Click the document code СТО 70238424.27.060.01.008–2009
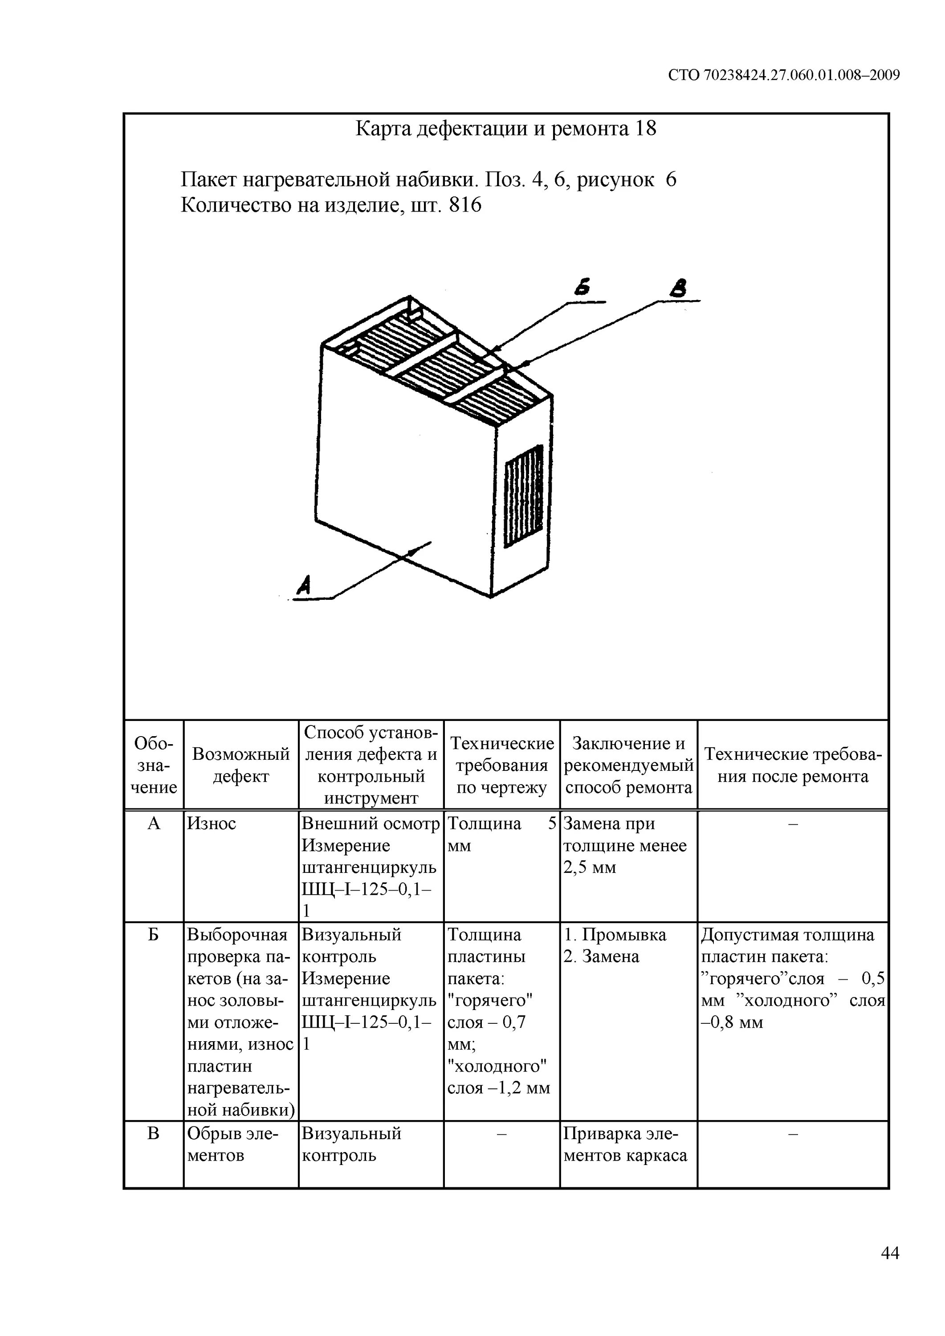point(783,75)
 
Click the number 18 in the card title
point(645,129)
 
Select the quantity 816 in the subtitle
point(465,205)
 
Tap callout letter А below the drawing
point(304,584)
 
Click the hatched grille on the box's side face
point(524,496)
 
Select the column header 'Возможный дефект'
point(241,765)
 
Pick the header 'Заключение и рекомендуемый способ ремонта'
point(628,765)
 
